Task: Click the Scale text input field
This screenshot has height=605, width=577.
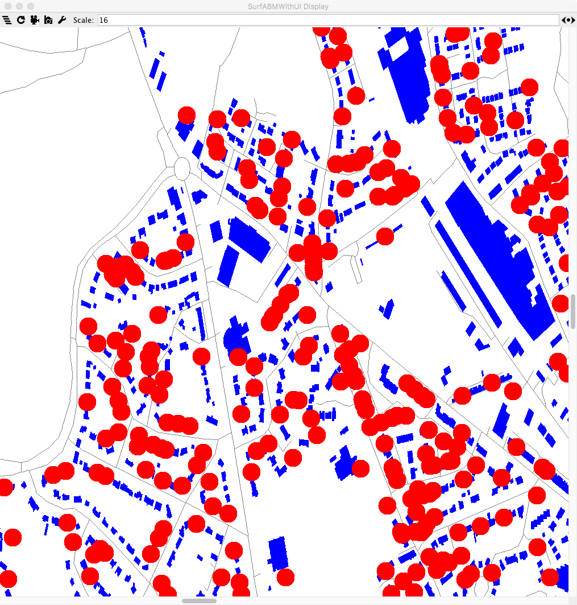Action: pyautogui.click(x=327, y=20)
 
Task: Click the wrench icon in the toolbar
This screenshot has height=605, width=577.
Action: pyautogui.click(x=63, y=20)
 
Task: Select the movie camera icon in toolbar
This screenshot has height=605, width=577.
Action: pyautogui.click(x=35, y=20)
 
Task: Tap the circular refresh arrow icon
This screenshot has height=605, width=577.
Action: pyautogui.click(x=21, y=20)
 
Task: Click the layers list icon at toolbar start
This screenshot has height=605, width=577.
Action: pyautogui.click(x=7, y=20)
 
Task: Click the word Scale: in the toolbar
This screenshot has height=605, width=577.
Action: pyautogui.click(x=84, y=20)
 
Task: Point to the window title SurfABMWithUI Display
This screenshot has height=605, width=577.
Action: pyautogui.click(x=288, y=6)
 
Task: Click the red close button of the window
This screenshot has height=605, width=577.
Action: pyautogui.click(x=7, y=6)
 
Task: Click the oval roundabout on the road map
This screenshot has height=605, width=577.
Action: pyautogui.click(x=181, y=168)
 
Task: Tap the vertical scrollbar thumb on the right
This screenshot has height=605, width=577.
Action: pyautogui.click(x=573, y=307)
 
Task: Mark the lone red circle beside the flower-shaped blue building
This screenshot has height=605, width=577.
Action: pyautogui.click(x=238, y=357)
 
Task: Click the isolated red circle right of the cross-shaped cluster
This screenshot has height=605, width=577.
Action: pyautogui.click(x=385, y=236)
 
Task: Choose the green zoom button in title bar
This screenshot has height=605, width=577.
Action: pyautogui.click(x=30, y=6)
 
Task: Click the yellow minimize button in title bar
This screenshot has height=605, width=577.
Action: pyautogui.click(x=19, y=6)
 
